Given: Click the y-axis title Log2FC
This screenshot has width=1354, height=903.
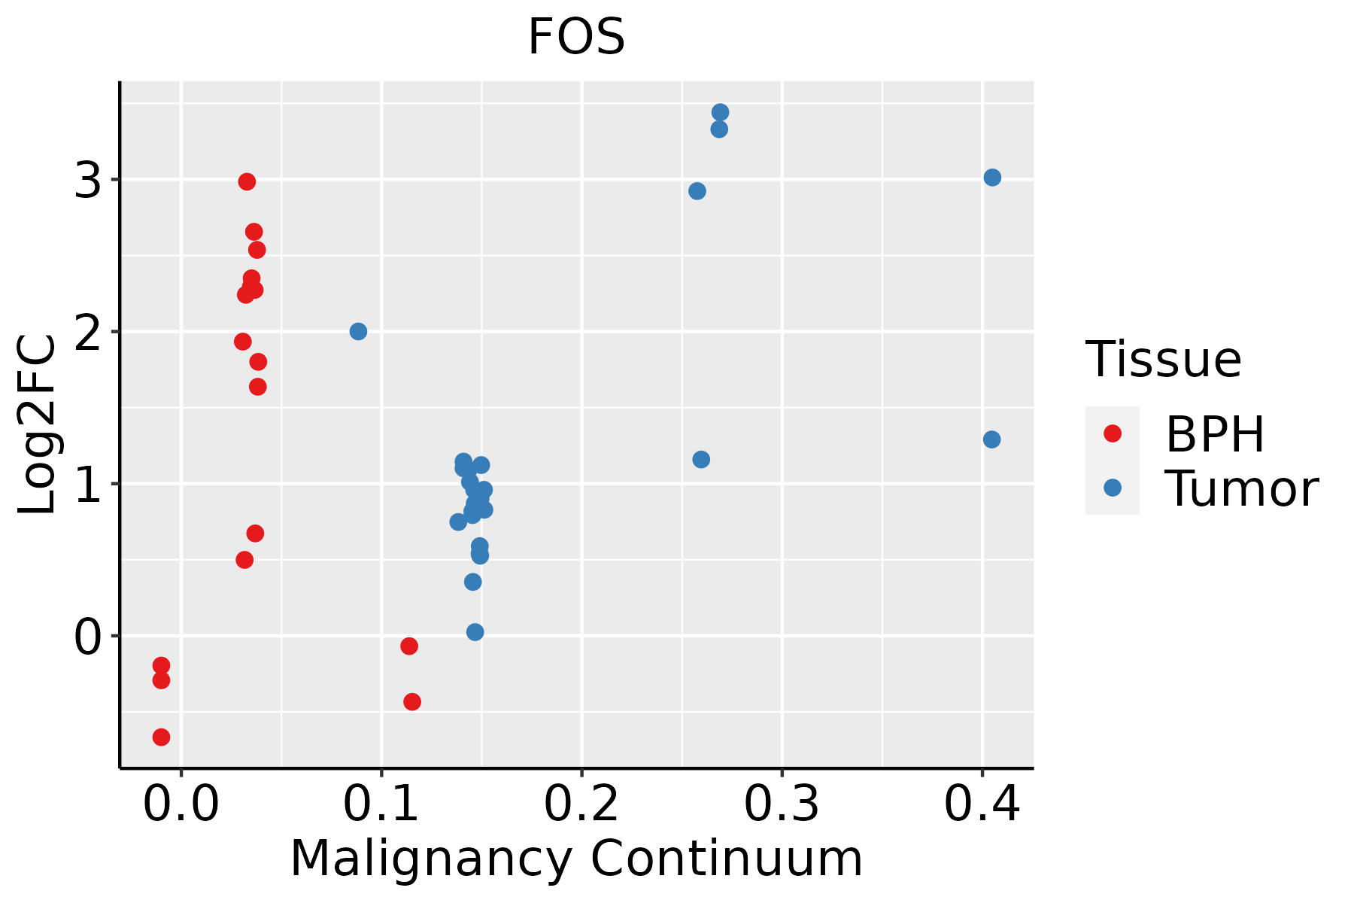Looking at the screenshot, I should point(38,425).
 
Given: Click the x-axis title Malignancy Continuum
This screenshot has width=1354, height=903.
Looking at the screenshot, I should point(576,859).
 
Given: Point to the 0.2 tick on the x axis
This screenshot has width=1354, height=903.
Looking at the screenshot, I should point(581,768).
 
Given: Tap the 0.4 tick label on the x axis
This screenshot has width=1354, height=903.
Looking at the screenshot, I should point(982,804).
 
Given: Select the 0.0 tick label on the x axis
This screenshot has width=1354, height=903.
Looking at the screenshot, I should point(181,804).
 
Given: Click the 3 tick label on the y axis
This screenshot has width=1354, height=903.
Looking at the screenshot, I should point(88,181).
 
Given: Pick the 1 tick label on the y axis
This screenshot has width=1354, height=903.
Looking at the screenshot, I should point(88,485).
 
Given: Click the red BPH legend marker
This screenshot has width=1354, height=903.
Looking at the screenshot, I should point(1112,433).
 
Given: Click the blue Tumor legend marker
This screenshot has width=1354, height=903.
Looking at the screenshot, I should point(1112,488).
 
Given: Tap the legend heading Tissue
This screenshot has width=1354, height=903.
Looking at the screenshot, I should point(1163,359).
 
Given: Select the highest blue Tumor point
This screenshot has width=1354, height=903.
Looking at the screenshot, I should point(720,112).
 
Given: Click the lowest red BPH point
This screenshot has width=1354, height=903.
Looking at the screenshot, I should point(161,737).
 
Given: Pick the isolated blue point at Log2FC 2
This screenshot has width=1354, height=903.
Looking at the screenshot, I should point(358,331).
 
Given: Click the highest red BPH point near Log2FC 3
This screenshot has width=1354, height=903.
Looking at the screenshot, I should point(247,181).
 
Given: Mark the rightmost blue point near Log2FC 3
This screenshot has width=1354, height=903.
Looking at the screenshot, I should point(992,178).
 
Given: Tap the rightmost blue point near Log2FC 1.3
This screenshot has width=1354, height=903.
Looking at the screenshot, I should point(991,439).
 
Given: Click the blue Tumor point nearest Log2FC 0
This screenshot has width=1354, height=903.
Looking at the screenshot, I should point(475,632).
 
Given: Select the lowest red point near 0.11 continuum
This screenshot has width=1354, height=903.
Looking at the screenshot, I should point(411,701).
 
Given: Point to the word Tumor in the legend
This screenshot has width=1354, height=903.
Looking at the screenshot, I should point(1241,489).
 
